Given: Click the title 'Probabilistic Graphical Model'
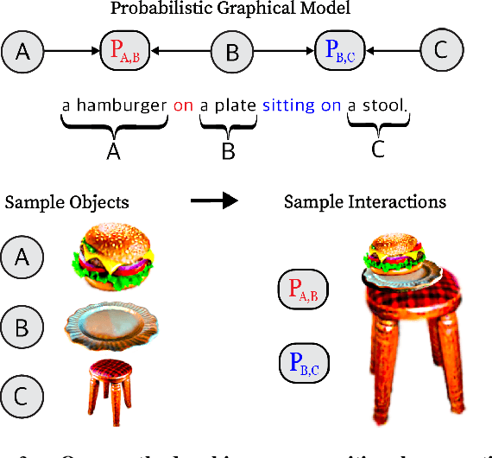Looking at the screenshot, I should tap(230, 10).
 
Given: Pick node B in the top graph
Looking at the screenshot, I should tap(231, 52).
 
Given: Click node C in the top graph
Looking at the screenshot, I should tap(441, 52).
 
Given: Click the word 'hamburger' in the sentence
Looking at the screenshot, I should tap(121, 107).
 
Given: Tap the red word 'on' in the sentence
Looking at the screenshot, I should tap(183, 107).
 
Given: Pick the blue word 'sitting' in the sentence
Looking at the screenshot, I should tap(288, 107).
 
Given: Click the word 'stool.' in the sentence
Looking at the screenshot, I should tap(384, 107).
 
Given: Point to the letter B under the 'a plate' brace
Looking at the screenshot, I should tap(228, 151).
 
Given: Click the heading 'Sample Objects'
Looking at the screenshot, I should tap(67, 202).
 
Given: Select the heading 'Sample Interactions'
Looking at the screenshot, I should tap(365, 202).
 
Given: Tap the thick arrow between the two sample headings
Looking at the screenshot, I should tap(214, 201).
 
